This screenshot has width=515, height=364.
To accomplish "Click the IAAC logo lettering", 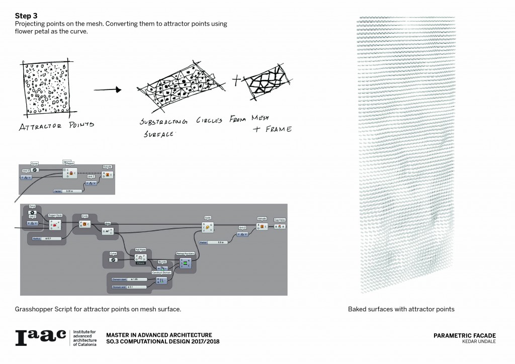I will pyautogui.click(x=40, y=338).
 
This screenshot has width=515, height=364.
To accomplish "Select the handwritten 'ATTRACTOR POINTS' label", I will pyautogui.click(x=56, y=125).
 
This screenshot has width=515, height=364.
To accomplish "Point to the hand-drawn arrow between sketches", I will pyautogui.click(x=108, y=90).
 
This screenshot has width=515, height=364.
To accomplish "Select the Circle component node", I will pyautogui.click(x=85, y=223).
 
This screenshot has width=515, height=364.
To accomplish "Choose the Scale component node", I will pyautogui.click(x=207, y=226).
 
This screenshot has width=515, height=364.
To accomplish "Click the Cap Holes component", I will pyautogui.click(x=280, y=226).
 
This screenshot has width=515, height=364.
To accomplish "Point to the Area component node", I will pyautogui.click(x=108, y=231).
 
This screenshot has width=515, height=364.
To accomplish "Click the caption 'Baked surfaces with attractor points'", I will pyautogui.click(x=401, y=309).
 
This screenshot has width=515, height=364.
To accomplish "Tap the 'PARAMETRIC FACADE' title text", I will pyautogui.click(x=464, y=335).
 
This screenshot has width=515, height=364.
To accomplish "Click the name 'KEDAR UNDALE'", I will pyautogui.click(x=478, y=342).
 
